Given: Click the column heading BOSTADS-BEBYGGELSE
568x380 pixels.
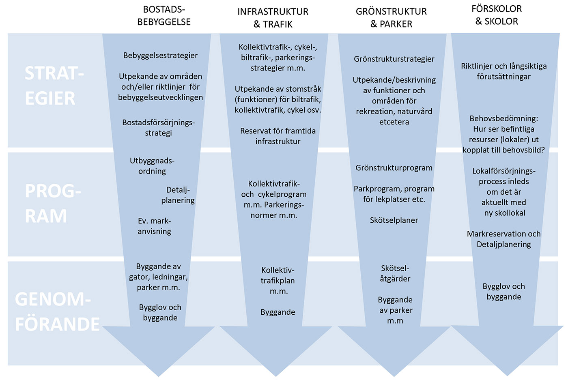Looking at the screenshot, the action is pyautogui.click(x=164, y=16).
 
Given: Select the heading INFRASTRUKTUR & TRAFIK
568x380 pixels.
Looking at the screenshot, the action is pyautogui.click(x=273, y=18).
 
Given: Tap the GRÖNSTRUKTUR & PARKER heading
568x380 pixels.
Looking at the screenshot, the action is pyautogui.click(x=391, y=18).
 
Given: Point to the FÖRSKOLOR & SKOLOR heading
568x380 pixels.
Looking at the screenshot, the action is pyautogui.click(x=497, y=15).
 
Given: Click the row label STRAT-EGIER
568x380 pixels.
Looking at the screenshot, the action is pyautogui.click(x=54, y=86).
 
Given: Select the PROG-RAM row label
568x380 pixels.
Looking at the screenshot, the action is pyautogui.click(x=53, y=203).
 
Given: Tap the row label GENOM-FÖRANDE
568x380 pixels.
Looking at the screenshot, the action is pyautogui.click(x=57, y=311).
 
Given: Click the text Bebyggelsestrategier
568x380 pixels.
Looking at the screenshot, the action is pyautogui.click(x=160, y=56).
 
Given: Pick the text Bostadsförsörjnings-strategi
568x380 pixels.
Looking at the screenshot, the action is pyautogui.click(x=159, y=128).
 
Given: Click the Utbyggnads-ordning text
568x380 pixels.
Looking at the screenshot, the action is pyautogui.click(x=152, y=166).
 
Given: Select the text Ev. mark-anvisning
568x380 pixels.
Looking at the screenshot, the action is pyautogui.click(x=155, y=226).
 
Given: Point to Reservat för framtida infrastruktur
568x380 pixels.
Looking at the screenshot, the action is pyautogui.click(x=278, y=136).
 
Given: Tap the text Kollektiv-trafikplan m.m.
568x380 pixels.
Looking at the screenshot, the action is pyautogui.click(x=278, y=281).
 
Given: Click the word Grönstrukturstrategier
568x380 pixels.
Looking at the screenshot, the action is pyautogui.click(x=394, y=59).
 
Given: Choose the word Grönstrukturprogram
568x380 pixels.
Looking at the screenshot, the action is pyautogui.click(x=394, y=168).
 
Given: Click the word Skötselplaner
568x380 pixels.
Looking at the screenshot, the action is pyautogui.click(x=394, y=220).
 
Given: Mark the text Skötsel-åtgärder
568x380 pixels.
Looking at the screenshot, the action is pyautogui.click(x=395, y=273).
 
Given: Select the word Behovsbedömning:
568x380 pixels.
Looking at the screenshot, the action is pyautogui.click(x=504, y=118).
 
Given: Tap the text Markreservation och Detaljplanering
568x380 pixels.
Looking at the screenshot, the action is pyautogui.click(x=504, y=239).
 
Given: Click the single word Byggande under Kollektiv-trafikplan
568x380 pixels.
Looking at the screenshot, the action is pyautogui.click(x=278, y=312).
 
